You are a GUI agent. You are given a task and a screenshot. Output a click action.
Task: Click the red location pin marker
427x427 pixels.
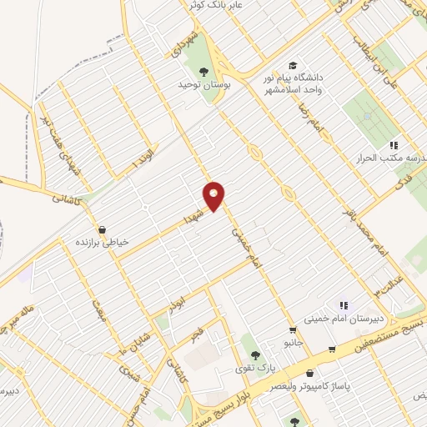214,195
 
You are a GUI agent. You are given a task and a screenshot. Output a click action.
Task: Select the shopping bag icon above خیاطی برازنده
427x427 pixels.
102,229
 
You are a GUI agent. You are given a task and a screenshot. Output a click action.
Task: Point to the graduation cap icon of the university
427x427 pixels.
292,65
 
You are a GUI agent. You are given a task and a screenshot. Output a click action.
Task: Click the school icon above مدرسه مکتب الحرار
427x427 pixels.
393,146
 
